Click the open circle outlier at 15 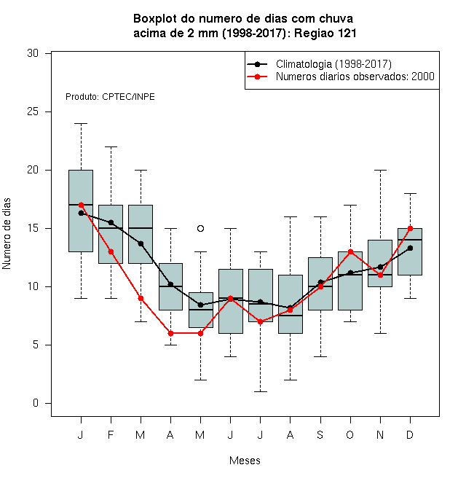coord(200,228)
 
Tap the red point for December coord(410,228)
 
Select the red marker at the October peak coord(350,251)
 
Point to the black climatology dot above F coord(111,222)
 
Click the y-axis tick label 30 coord(33,53)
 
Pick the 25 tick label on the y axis coord(33,112)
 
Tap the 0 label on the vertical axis coord(36,403)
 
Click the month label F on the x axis coord(111,434)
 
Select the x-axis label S coord(320,434)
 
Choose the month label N coord(380,434)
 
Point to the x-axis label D coord(410,434)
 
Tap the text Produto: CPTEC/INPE coord(110,97)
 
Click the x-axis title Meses coord(245,461)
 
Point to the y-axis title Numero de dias coord(7,234)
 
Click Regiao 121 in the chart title coord(325,33)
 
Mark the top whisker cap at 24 coord(82,123)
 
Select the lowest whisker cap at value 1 coord(260,391)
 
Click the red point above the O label coord(350,251)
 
